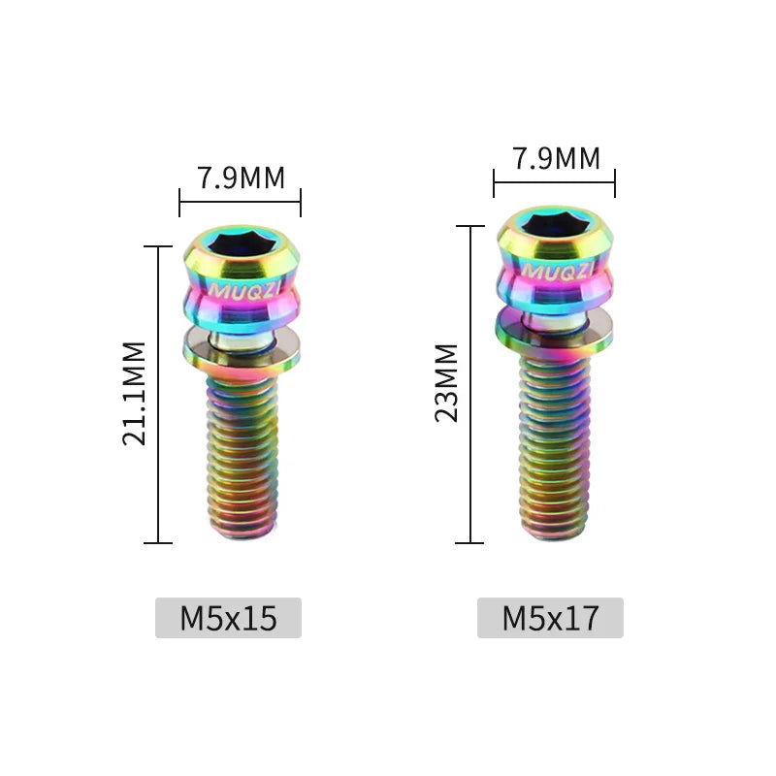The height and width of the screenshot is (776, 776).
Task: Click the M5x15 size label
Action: [x=228, y=618]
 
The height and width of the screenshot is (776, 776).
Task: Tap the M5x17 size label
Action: [x=550, y=618]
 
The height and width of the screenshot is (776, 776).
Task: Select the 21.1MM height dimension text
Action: [x=135, y=393]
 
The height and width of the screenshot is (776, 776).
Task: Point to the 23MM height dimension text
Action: [x=447, y=382]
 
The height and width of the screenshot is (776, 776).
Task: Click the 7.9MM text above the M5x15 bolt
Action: [x=242, y=178]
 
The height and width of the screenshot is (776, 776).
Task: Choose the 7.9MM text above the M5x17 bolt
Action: [x=557, y=158]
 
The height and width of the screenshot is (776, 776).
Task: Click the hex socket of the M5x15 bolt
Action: [x=239, y=243]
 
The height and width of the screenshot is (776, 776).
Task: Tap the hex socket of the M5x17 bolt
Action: [x=553, y=226]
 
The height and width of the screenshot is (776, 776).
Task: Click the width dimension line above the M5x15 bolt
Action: [x=240, y=202]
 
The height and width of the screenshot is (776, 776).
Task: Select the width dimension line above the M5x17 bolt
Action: [x=554, y=182]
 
